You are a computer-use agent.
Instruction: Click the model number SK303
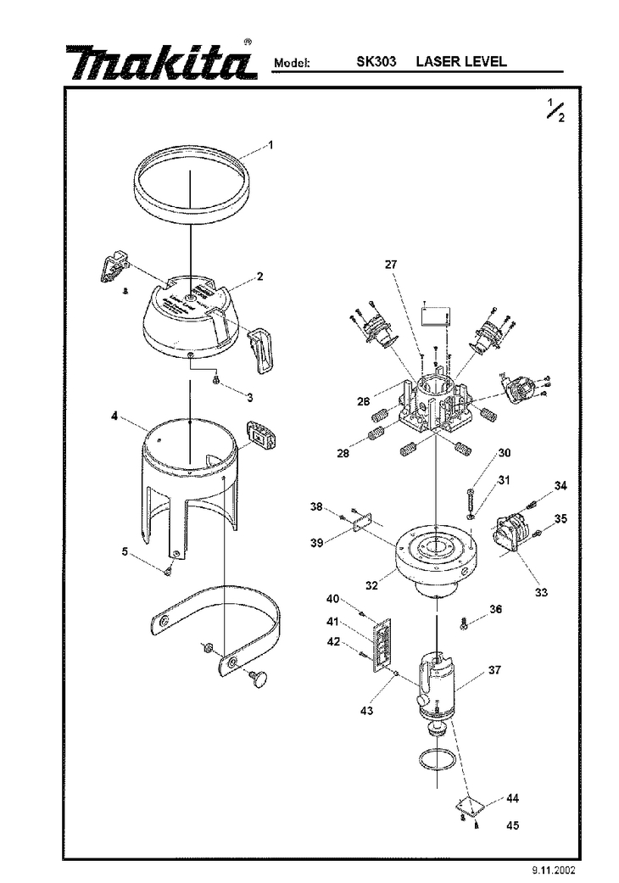376,61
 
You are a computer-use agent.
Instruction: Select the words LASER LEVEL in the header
461,61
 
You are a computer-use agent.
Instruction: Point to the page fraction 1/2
556,109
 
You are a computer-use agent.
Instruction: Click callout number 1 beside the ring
270,145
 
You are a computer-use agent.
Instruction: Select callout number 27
391,264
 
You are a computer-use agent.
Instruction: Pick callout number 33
541,592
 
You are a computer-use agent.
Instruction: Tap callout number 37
494,670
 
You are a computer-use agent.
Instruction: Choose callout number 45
512,825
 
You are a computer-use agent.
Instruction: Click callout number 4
114,416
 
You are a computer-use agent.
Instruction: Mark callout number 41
332,622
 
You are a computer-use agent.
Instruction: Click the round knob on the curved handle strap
259,679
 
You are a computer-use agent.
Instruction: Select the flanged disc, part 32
437,556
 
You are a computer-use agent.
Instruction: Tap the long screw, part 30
471,499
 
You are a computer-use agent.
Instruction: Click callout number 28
343,453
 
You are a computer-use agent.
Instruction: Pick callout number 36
495,609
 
